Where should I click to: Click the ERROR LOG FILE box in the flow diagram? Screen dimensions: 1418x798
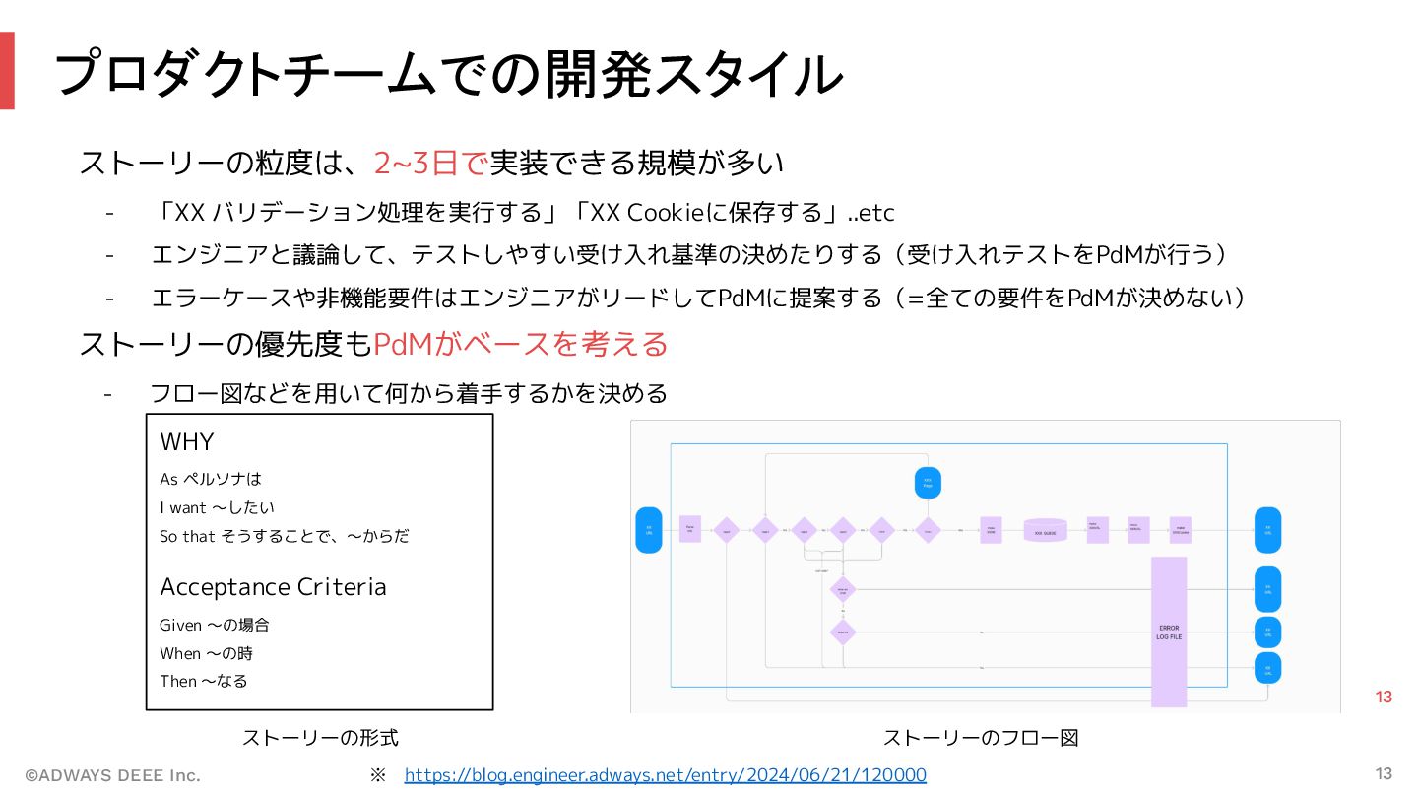(x=1169, y=631)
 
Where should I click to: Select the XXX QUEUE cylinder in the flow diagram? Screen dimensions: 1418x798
(x=1045, y=530)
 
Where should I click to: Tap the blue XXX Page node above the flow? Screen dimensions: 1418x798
(x=927, y=483)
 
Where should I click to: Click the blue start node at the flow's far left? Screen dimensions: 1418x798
(x=649, y=530)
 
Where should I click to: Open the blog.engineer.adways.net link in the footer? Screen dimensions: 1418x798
(x=665, y=775)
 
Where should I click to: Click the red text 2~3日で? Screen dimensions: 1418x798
(x=430, y=163)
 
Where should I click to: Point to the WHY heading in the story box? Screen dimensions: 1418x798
(x=187, y=441)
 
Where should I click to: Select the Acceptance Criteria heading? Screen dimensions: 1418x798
(x=273, y=587)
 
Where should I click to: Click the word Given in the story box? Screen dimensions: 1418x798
(x=180, y=625)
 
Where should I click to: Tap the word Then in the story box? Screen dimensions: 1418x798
(x=178, y=681)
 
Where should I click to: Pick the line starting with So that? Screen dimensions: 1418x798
(x=284, y=536)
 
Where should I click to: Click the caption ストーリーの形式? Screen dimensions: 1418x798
(x=320, y=738)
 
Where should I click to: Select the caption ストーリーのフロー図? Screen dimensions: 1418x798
(x=981, y=738)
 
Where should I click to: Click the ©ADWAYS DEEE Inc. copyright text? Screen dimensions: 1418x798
(x=112, y=775)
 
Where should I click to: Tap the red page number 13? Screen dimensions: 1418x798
(x=1384, y=698)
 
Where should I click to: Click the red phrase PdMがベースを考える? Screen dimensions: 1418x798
(x=521, y=344)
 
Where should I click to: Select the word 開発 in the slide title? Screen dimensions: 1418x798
(x=590, y=73)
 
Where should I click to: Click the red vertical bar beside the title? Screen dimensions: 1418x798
(x=7, y=70)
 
